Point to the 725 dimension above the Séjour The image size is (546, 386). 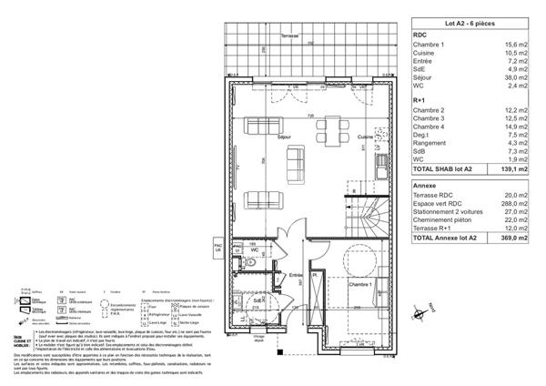click(x=310, y=117)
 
